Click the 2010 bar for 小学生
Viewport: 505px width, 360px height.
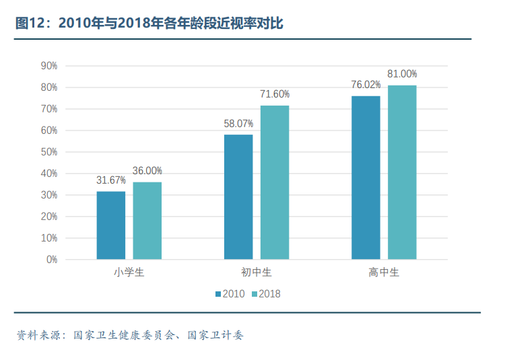click(x=110, y=225)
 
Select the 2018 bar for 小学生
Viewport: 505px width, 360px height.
click(x=147, y=221)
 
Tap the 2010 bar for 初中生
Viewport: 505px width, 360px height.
click(x=238, y=197)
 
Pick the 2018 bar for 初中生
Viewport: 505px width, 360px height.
click(x=275, y=182)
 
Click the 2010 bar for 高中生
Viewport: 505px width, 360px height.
click(x=366, y=178)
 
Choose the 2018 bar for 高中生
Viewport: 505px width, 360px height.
click(x=402, y=172)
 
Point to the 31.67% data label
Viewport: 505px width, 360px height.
click(x=111, y=180)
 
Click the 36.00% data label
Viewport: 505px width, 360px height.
click(x=147, y=171)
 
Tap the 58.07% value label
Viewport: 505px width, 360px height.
click(x=238, y=124)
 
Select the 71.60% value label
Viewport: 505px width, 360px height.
click(x=275, y=94)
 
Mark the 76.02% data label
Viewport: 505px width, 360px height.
click(x=366, y=85)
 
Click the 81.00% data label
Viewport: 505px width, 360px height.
click(x=402, y=74)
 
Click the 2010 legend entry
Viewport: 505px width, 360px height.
click(x=230, y=293)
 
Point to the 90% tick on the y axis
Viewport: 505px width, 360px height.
click(x=49, y=66)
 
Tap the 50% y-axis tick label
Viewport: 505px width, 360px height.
click(x=49, y=152)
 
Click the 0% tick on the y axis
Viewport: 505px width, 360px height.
click(x=52, y=260)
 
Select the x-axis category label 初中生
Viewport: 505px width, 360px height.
click(x=257, y=273)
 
